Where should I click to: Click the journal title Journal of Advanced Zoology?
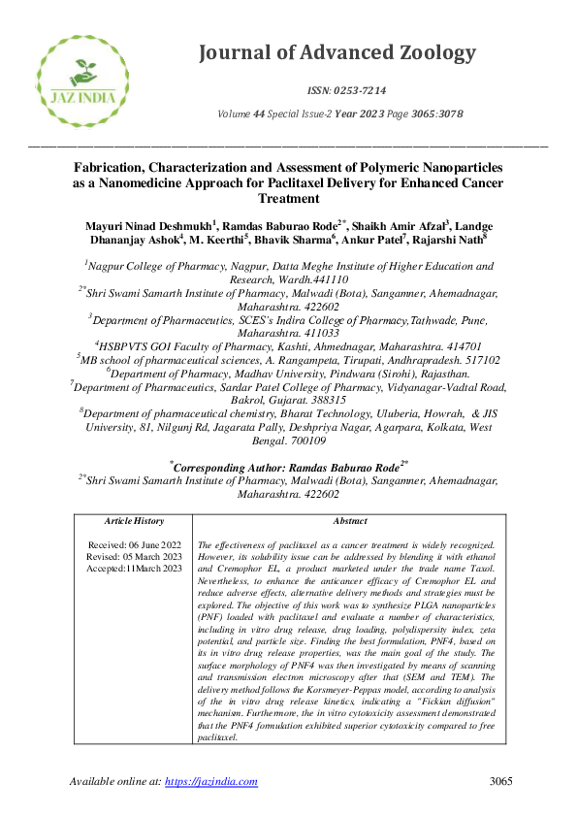337,53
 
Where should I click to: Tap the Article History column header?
134,521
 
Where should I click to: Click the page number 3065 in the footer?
500,782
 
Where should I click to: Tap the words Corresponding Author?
230,467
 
